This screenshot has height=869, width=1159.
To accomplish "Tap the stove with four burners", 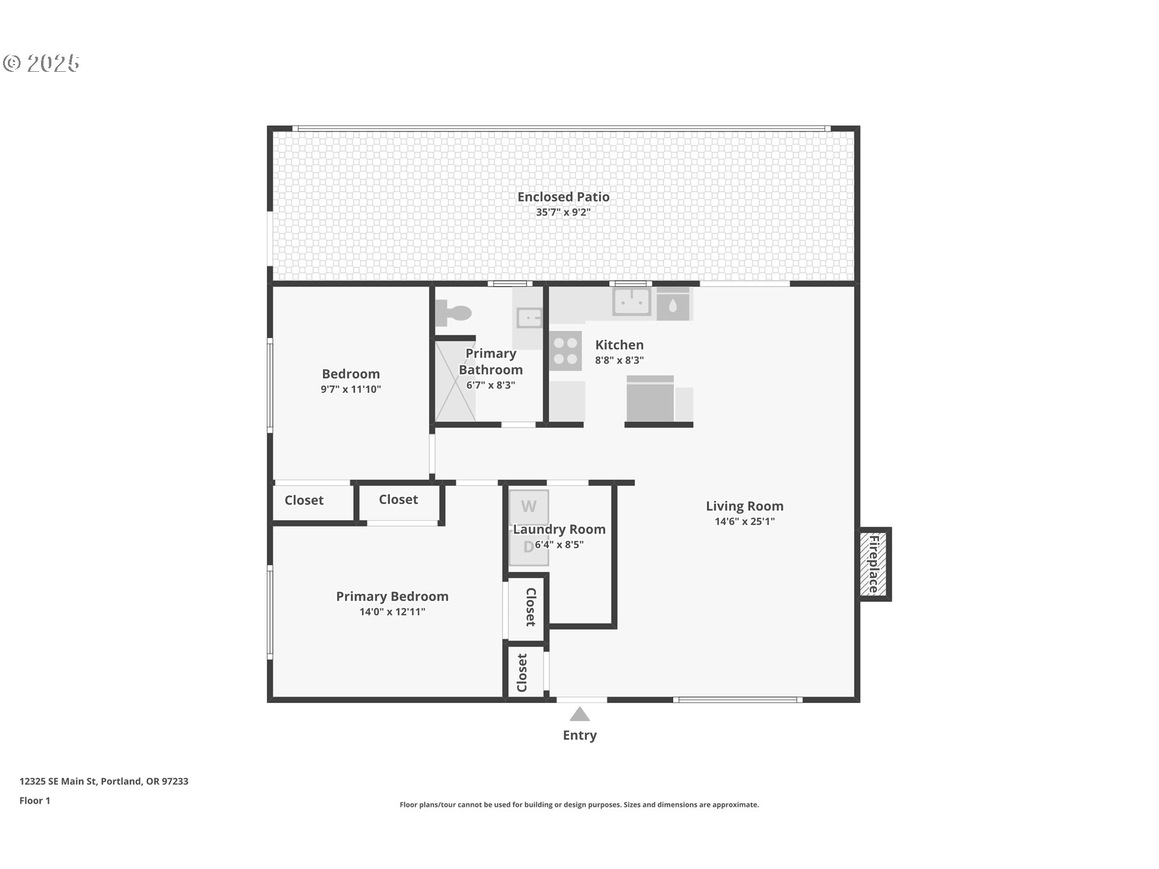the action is (x=566, y=351).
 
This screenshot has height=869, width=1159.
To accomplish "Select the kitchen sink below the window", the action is (x=631, y=301).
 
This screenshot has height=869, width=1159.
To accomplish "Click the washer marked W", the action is (x=529, y=506).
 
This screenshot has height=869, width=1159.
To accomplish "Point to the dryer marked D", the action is (x=529, y=547).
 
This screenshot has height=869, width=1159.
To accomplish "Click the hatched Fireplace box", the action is (x=873, y=564).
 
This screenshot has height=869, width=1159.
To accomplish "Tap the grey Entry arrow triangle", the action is (x=579, y=714).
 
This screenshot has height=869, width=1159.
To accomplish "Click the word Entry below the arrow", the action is (x=579, y=735).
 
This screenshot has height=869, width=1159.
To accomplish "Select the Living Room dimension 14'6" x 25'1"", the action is (x=744, y=521).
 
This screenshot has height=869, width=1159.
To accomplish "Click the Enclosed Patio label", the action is (x=563, y=197).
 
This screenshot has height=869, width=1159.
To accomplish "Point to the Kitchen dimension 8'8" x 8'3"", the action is (x=619, y=360).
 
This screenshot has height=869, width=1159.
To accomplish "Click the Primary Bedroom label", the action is (x=392, y=596).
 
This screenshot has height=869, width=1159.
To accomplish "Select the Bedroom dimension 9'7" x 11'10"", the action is (x=351, y=389).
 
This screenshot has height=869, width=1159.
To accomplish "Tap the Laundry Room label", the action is (x=560, y=529).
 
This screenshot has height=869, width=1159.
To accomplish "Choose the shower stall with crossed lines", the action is (x=455, y=381).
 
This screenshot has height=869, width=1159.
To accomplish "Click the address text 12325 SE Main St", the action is (x=58, y=781).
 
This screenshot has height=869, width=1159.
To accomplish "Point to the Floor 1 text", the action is (x=34, y=800).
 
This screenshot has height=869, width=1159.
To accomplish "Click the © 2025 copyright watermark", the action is (x=41, y=63).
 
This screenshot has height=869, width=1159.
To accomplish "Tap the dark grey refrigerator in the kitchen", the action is (x=650, y=398).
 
